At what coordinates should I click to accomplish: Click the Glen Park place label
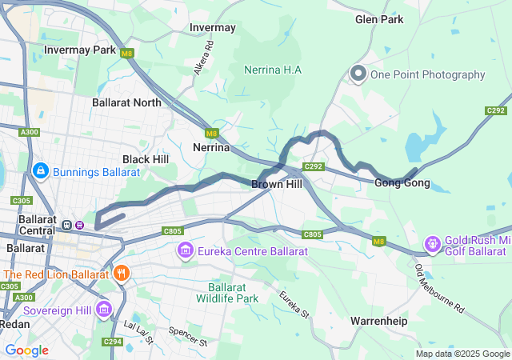pos(379,19)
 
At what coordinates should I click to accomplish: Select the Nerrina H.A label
pos(273,70)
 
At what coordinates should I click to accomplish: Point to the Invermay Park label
pos(80,50)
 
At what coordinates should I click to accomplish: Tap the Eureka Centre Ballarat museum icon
pos(186,252)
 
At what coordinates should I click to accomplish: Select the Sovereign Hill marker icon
pos(103,309)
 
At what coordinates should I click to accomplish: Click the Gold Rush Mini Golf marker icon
pos(433,242)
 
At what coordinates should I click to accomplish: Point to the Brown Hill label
pos(276,184)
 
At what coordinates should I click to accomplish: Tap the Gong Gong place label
pos(402,183)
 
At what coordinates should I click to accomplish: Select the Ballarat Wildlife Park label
pos(233,293)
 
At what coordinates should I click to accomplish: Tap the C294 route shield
pos(112,342)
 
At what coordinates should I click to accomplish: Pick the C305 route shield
pos(20,200)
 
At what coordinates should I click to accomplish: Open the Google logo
pos(26,350)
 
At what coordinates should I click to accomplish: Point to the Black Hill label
pos(145,159)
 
